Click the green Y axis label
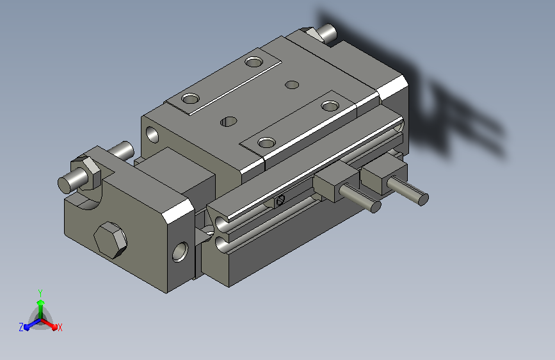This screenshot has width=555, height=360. click(40, 293)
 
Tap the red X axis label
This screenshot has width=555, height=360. click(60, 328)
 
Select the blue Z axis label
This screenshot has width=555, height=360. click(21, 327)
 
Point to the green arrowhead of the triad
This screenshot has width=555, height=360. click(41, 303)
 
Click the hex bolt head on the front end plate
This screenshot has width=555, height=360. click(111, 240)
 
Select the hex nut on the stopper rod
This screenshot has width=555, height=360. click(87, 172)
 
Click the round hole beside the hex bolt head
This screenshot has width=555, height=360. click(180, 252)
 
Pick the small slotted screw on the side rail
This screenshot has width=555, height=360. click(280, 200)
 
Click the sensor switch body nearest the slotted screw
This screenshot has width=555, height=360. click(334, 181)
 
